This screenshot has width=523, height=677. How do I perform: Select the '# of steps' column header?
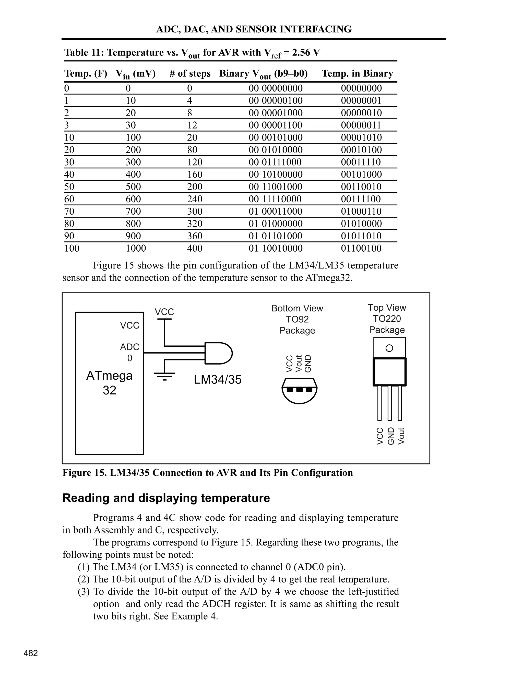[x=190, y=74]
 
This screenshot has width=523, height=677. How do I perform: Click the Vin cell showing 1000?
[x=136, y=248]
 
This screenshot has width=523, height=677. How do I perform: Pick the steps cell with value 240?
[x=195, y=199]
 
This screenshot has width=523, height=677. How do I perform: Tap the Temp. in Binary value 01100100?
[x=361, y=248]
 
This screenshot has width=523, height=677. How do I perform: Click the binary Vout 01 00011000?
[x=276, y=212]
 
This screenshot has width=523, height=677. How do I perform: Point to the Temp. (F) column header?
[x=86, y=74]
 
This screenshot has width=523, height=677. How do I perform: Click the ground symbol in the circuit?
[x=164, y=376]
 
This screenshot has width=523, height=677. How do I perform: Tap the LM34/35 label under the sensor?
[x=218, y=380]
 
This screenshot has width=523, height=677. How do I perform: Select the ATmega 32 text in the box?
[x=109, y=383]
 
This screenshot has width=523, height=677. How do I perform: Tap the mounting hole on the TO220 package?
[x=389, y=348]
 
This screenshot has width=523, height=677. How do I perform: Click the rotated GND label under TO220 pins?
[x=391, y=436]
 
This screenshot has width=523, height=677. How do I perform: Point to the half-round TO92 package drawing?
[x=299, y=391]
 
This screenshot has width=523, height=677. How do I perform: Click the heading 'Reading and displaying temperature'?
[x=166, y=498]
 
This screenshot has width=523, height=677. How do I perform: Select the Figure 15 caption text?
[x=208, y=473]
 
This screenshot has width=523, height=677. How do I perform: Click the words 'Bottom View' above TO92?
[x=297, y=308]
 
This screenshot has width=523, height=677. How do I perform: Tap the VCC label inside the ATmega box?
[x=129, y=325]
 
